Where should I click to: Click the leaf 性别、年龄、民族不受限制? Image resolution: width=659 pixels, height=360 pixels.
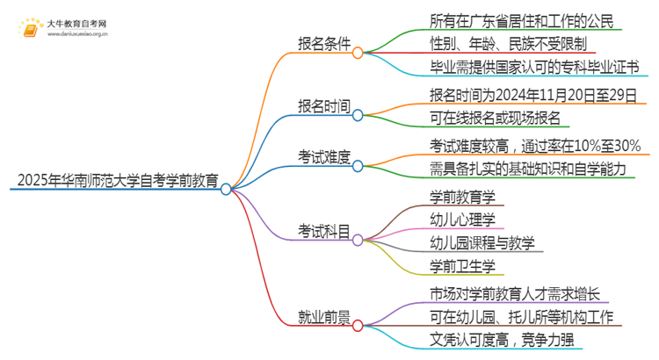[508, 43]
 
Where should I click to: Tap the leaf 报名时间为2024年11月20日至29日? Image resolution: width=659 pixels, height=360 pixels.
[532, 93]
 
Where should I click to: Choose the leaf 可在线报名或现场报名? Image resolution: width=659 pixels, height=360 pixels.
[495, 118]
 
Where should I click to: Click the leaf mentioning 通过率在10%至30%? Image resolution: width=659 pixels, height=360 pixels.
[534, 145]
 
